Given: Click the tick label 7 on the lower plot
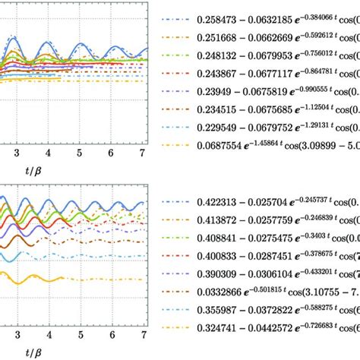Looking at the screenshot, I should click(x=142, y=333).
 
